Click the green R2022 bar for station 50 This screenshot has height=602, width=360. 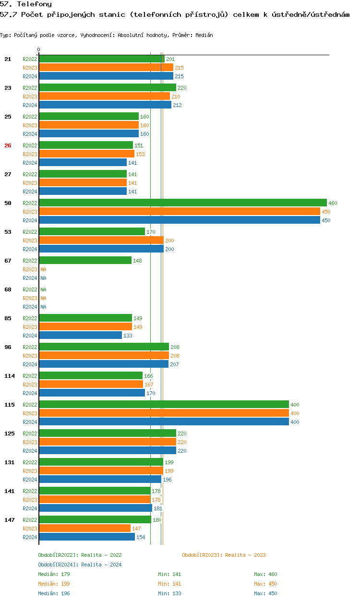[x=182, y=203]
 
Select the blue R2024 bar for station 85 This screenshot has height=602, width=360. [x=80, y=336]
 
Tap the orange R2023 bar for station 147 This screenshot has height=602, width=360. [x=84, y=529]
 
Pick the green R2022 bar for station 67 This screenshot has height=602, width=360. [x=85, y=261]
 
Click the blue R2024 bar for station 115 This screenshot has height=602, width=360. [x=164, y=422]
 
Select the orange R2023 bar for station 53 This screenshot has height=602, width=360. [x=101, y=241]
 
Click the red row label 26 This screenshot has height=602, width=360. [x=8, y=145]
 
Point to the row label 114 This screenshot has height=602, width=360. [x=10, y=376]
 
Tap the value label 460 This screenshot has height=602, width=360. [x=333, y=203]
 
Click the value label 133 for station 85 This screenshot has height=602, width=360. [x=128, y=336]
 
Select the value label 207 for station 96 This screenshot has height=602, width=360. [x=175, y=364]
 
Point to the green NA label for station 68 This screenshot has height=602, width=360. [x=43, y=289]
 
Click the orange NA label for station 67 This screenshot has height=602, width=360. [x=43, y=269]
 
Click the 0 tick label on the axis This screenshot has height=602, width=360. [x=39, y=49]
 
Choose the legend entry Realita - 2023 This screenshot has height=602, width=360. [x=224, y=555]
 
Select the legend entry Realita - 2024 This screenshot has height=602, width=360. [x=80, y=565]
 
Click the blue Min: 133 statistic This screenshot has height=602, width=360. [x=169, y=593]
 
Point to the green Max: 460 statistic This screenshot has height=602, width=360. [x=265, y=574]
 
